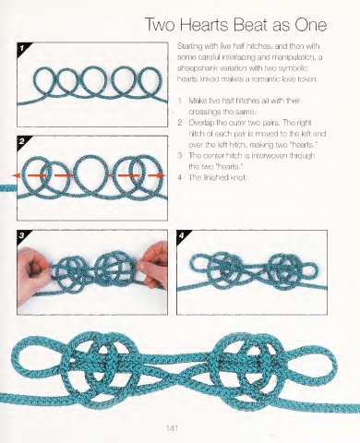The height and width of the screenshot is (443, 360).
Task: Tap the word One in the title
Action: click(311, 25)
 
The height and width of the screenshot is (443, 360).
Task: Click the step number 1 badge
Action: click(22, 48)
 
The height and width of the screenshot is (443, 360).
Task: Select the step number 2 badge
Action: click(22, 142)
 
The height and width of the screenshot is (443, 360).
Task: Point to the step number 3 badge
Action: click(22, 235)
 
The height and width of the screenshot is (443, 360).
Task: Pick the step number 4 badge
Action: click(182, 235)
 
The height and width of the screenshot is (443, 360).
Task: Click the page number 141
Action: click(172, 428)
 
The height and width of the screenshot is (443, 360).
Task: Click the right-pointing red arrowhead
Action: click(161, 175)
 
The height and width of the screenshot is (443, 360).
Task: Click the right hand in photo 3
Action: click(154, 265)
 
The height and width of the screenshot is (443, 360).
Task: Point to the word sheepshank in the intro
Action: click(195, 68)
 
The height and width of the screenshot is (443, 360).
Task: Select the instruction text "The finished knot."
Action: click(218, 177)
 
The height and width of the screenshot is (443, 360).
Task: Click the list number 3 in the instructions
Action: click(180, 156)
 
